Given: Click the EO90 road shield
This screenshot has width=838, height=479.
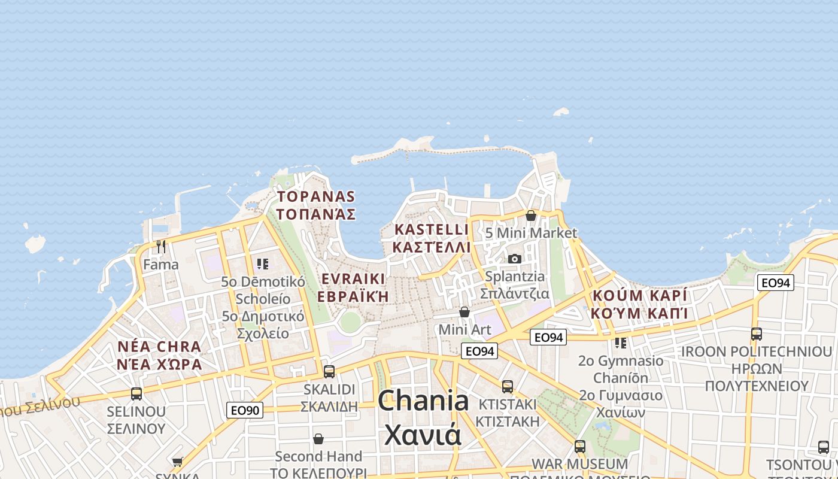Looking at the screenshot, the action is tap(245, 410).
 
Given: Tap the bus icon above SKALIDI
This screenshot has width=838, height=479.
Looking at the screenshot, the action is tap(329, 371).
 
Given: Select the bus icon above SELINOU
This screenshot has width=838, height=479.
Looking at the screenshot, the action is tap(136, 393).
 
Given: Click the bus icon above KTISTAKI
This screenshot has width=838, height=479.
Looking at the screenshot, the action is tap(508, 386).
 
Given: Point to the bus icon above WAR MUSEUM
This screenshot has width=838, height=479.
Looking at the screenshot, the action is tap(579, 446).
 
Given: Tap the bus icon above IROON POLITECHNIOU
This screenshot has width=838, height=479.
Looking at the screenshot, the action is tap(757, 334).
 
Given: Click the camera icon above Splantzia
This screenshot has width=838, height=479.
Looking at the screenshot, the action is tap(514, 259).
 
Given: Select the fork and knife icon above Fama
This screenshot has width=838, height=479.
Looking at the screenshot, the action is tap(160, 246).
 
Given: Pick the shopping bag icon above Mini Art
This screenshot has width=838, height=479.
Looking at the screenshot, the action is tap(464, 312).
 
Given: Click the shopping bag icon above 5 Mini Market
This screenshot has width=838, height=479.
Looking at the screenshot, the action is tap(530, 215).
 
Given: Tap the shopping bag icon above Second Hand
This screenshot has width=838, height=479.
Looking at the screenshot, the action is tap(318, 439).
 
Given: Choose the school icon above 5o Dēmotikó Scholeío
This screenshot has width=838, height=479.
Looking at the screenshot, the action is tap(262, 263).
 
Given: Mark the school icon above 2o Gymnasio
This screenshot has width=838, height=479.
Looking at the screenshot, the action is tap(621, 343).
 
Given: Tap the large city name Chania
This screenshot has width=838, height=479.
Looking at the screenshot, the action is tap(423, 401).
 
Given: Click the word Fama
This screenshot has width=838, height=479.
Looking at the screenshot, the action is tap(160, 264).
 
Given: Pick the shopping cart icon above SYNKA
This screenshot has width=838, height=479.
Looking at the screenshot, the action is tap(177, 462).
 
